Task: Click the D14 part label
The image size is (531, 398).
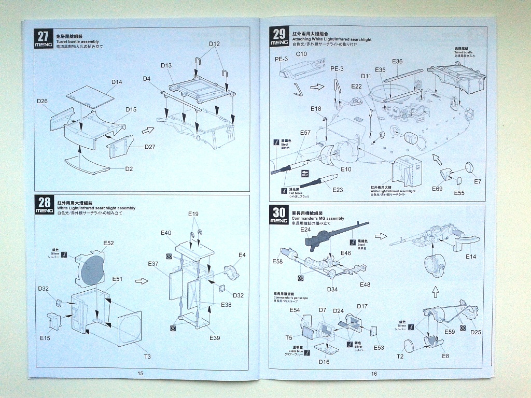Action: pos(117,82)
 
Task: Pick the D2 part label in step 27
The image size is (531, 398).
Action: pos(129,169)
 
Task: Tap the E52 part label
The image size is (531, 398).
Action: pos(108,243)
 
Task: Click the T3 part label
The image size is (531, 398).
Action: pos(147,357)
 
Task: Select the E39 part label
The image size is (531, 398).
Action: pos(215,338)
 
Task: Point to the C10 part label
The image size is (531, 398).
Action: pos(301,54)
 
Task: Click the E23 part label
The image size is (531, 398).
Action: pos(338,190)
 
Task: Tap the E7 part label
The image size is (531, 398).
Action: pos(478,181)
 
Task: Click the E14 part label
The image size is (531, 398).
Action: pos(471,257)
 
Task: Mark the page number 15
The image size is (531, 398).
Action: pos(140,373)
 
